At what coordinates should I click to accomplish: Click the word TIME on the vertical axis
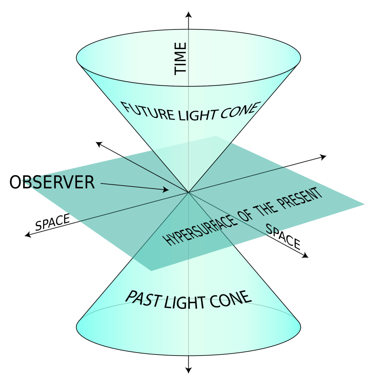coord(180,59)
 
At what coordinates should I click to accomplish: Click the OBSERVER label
coord(52,182)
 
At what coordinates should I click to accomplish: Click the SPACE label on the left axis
coord(52,223)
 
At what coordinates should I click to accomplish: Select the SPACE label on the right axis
coord(283,236)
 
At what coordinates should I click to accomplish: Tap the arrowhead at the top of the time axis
coord(189,15)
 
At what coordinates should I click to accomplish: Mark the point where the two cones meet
coord(188,192)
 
